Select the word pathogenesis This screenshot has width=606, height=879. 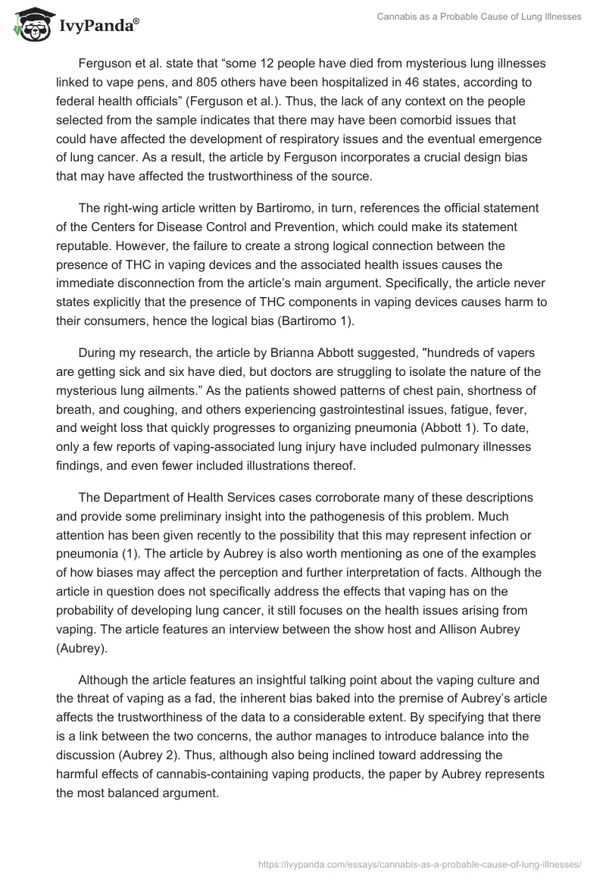coord(333,516)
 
